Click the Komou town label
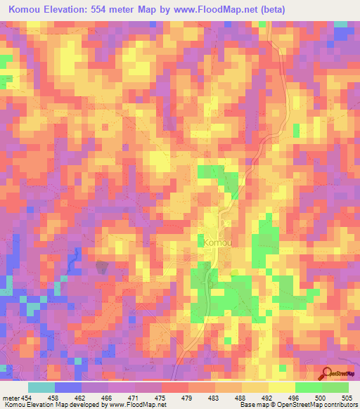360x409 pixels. click(x=218, y=242)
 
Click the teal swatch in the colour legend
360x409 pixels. click(x=41, y=388)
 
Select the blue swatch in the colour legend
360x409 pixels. click(x=68, y=388)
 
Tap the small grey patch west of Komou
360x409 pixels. click(x=103, y=266)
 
